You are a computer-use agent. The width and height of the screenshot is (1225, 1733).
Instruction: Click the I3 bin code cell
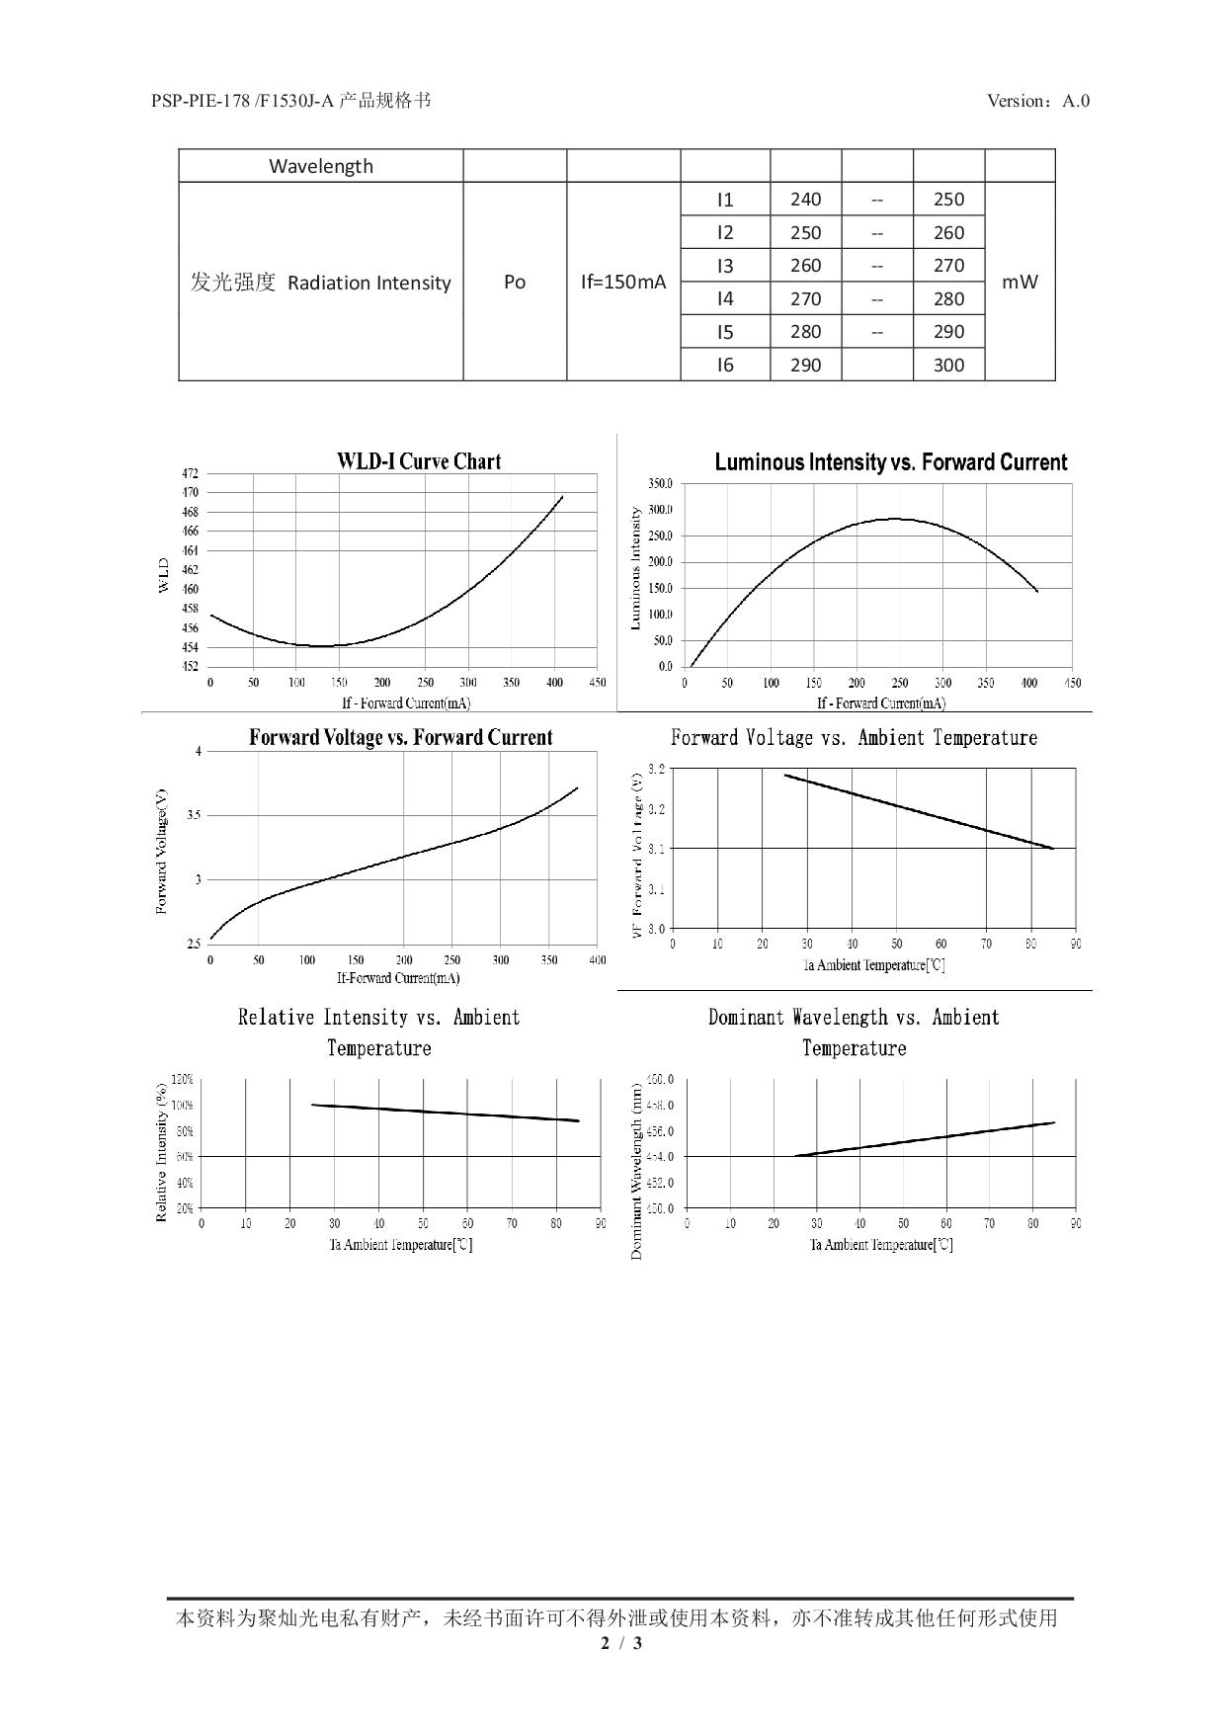point(725,266)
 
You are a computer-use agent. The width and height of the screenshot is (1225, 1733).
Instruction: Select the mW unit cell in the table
point(1020,282)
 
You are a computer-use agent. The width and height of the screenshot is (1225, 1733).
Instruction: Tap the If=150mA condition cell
point(623,282)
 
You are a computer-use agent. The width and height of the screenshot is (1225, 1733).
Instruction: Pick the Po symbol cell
point(515,282)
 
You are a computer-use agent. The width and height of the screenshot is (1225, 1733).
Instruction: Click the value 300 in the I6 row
point(948,365)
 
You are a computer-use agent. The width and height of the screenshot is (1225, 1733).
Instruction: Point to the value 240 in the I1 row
point(805,200)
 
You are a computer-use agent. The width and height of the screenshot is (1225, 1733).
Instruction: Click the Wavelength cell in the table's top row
point(321,166)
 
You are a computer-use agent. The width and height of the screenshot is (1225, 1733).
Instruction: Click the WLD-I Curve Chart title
point(419,461)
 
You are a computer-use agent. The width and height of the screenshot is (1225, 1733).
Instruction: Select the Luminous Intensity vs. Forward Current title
point(890,462)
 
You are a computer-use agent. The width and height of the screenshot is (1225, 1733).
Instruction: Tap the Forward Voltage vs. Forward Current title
point(400,737)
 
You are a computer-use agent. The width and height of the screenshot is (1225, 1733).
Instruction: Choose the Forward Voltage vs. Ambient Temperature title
point(854,738)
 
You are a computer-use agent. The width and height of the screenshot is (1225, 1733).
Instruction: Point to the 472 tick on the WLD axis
point(189,473)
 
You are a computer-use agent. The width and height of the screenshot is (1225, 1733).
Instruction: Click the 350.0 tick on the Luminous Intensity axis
point(660,484)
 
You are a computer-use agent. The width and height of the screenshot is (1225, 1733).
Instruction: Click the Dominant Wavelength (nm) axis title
point(637,1171)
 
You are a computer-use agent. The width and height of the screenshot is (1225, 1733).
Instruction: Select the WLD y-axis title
point(164,576)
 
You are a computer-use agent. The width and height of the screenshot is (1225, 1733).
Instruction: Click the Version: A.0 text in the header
point(1037,101)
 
